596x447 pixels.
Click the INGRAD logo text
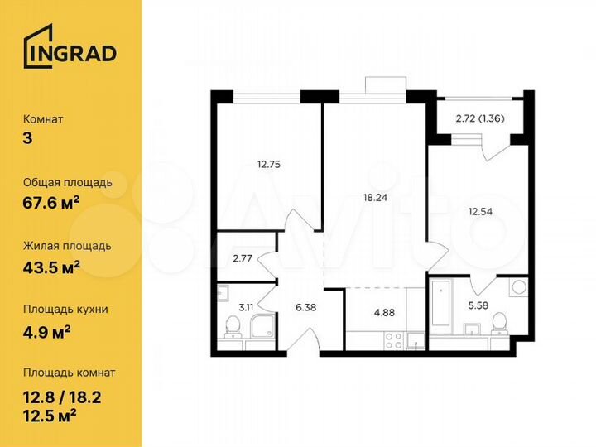(x=80, y=53)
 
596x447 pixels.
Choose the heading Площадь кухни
(x=65, y=310)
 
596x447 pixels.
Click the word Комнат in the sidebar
(x=44, y=118)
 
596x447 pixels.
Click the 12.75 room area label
(x=269, y=164)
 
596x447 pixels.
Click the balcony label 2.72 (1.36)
(x=480, y=118)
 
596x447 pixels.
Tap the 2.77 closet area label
(x=243, y=258)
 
